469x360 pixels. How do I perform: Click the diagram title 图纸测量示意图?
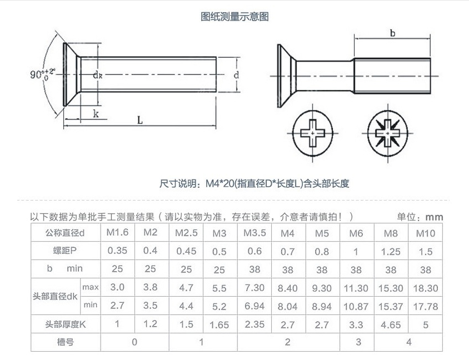click(x=234, y=17)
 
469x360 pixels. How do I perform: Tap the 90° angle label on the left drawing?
click(x=43, y=73)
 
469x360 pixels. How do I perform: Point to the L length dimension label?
click(x=140, y=120)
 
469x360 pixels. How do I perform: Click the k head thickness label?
click(x=96, y=114)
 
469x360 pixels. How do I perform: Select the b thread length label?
click(x=393, y=33)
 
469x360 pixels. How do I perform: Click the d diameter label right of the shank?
click(x=236, y=75)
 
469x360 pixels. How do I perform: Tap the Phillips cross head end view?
click(x=312, y=133)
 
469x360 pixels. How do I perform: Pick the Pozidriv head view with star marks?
click(x=388, y=133)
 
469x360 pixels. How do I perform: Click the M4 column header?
click(x=288, y=233)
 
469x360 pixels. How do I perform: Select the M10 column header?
click(x=426, y=233)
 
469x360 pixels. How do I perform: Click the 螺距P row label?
click(x=65, y=251)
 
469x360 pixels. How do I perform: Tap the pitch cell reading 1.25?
click(x=391, y=252)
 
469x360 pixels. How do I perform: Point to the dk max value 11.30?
click(x=356, y=288)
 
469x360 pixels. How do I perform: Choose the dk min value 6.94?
click(x=255, y=306)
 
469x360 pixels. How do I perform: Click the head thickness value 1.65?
click(x=219, y=324)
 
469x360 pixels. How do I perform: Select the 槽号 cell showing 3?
click(x=358, y=342)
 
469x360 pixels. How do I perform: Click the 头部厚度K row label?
click(x=66, y=324)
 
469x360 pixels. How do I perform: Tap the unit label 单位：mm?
click(x=420, y=217)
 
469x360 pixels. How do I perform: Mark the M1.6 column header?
click(x=117, y=232)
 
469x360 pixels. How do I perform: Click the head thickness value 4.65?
click(x=391, y=324)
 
